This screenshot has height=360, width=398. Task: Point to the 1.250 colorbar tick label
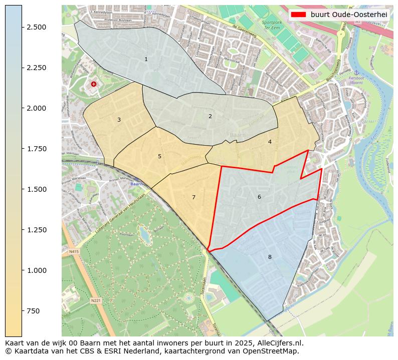tap(37, 230)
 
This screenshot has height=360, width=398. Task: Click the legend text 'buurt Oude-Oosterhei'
tap(348, 15)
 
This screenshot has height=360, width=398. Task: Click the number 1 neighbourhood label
tap(146, 59)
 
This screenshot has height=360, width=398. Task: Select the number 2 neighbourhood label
tap(210, 116)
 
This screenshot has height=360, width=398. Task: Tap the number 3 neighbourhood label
tap(119, 120)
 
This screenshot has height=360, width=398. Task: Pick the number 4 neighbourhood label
tap(270, 142)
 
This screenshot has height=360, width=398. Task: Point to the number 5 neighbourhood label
tap(159, 156)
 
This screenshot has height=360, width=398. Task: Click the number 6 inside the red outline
tap(259, 197)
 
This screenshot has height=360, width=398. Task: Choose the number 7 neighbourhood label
tap(193, 197)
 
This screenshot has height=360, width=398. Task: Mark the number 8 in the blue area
tap(270, 257)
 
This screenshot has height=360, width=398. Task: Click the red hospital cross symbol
tap(94, 84)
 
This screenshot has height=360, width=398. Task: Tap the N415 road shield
tap(74, 251)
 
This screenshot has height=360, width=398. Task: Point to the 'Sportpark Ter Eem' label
tap(272, 25)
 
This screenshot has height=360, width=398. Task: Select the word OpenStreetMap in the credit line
tap(272, 351)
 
